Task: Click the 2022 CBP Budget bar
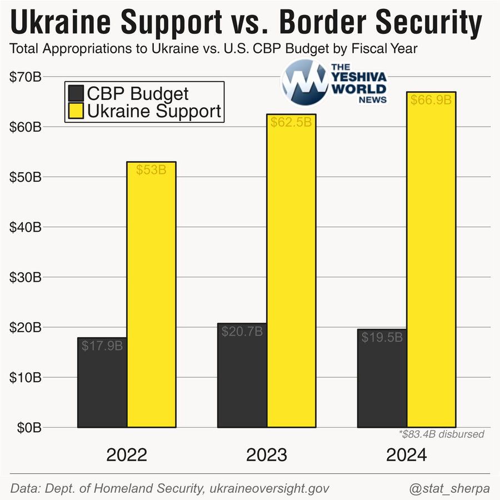pyautogui.click(x=102, y=383)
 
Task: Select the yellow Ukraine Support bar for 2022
pyautogui.click(x=152, y=294)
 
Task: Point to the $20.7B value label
pyautogui.click(x=242, y=332)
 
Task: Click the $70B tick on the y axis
pyautogui.click(x=26, y=77)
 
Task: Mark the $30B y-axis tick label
pyautogui.click(x=26, y=277)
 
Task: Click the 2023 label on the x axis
pyautogui.click(x=267, y=456)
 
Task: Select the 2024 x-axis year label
pyautogui.click(x=407, y=456)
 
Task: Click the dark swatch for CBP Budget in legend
pyautogui.click(x=75, y=93)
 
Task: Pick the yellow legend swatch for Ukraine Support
pyautogui.click(x=75, y=111)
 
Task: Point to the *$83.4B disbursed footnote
pyautogui.click(x=442, y=434)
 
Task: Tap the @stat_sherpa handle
pyautogui.click(x=449, y=489)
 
